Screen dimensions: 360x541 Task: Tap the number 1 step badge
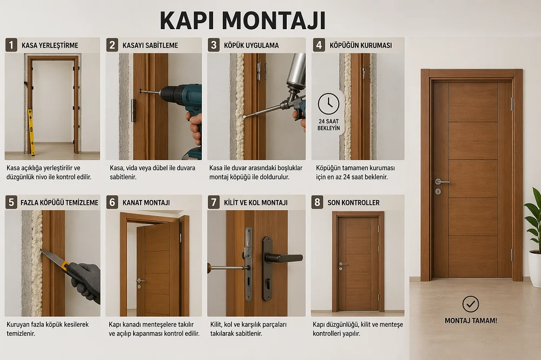coord(11,45)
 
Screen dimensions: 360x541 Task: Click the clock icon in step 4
coord(328,104)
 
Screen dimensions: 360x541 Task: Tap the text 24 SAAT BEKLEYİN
coord(329,125)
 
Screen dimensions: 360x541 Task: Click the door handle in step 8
coord(342,264)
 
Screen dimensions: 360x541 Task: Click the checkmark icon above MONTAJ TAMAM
coord(471,304)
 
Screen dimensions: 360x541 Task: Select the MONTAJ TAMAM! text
coord(471,321)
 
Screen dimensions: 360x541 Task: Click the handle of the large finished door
coord(441,182)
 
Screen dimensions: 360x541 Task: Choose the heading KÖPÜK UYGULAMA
coord(251,45)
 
